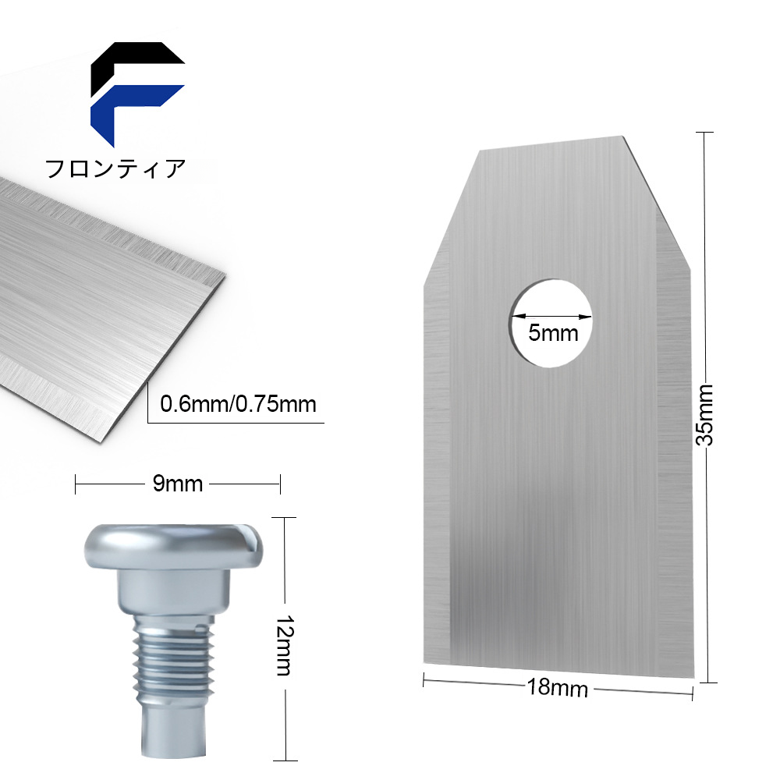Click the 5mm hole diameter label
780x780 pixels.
pos(553,333)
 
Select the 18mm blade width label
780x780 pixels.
pos(557,689)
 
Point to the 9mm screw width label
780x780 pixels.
pos(178,484)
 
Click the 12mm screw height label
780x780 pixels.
pos(285,645)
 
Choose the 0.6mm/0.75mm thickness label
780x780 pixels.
pos(238,404)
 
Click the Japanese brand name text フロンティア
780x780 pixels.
pos(115,168)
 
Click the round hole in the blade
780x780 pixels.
pos(551,323)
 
